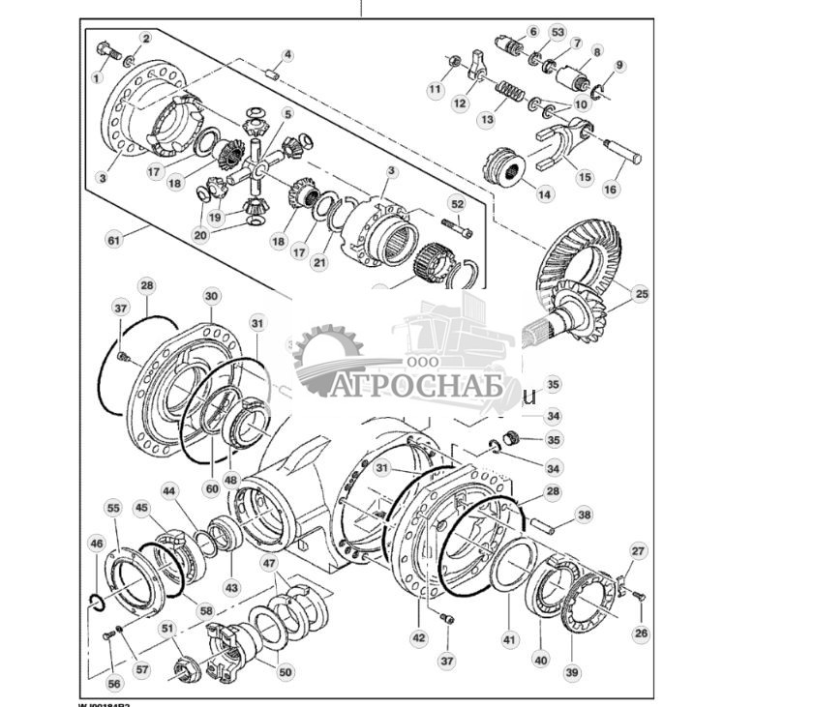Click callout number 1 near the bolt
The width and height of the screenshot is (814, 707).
click(96, 77)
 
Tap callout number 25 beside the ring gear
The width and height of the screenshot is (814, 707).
click(639, 293)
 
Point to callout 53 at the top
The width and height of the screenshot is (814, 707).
click(557, 33)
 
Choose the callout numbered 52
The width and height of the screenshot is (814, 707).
click(457, 205)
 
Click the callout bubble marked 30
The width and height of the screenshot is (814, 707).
click(211, 295)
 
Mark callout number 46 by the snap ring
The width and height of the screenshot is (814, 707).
click(96, 544)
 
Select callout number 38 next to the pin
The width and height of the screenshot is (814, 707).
click(583, 516)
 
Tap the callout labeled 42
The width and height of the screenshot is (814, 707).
click(419, 637)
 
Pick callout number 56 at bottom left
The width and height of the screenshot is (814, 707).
click(114, 683)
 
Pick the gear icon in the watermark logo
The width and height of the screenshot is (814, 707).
click(327, 360)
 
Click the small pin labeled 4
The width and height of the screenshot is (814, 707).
click(273, 74)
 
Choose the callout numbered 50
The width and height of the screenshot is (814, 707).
click(286, 672)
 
